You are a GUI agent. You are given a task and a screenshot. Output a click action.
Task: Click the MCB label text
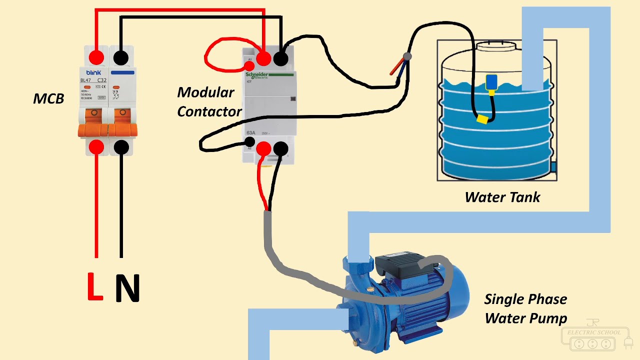coord(48,99)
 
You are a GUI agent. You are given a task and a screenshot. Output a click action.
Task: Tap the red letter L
coord(94,287)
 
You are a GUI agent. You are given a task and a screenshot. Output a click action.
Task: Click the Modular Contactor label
coord(209,102)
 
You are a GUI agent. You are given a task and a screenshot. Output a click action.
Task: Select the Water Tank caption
coord(502,197)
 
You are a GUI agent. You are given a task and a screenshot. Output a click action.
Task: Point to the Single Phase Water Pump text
coord(525,308)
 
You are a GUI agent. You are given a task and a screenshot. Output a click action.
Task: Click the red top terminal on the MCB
coord(96,57)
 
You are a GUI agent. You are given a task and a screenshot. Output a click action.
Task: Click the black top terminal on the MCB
coord(120,57)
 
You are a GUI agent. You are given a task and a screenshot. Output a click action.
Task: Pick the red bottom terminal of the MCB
coord(96,147)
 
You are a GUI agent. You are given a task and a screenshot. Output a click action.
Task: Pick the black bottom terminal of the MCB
coord(121,147)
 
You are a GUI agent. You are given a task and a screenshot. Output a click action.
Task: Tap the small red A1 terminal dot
coord(248,65)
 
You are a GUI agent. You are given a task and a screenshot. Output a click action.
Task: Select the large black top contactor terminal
coord(280,59)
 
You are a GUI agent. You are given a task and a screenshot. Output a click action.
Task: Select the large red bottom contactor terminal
coord(263,148)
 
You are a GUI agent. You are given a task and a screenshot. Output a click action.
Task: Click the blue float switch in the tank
coord(491,82)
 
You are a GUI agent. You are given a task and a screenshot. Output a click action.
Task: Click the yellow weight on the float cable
coord(482,119)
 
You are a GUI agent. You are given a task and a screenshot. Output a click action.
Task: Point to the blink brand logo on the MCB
coord(93,72)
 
